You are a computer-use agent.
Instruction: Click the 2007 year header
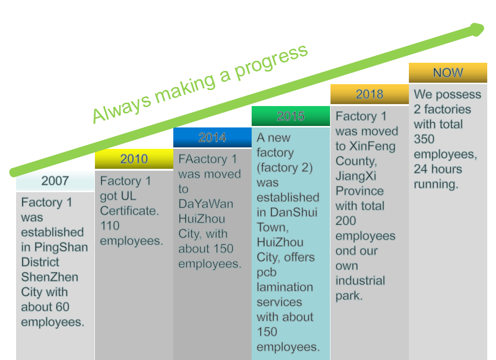(x=55, y=181)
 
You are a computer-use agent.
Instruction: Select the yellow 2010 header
(x=134, y=159)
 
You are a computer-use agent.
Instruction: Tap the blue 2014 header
(x=212, y=138)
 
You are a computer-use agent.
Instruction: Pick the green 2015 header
(x=291, y=116)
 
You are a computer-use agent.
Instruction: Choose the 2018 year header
(x=369, y=94)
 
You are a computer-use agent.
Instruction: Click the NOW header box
(x=448, y=72)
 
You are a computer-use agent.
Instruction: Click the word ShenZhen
(x=50, y=277)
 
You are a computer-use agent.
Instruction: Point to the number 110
(x=110, y=226)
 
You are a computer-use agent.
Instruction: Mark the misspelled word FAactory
(x=203, y=159)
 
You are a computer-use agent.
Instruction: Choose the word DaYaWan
(x=206, y=204)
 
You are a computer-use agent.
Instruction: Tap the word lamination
(x=285, y=287)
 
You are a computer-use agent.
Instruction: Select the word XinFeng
(x=372, y=146)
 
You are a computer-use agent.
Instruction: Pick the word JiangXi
(x=356, y=176)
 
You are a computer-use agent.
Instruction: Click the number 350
(x=424, y=139)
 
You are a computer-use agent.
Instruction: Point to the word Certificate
(x=129, y=211)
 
